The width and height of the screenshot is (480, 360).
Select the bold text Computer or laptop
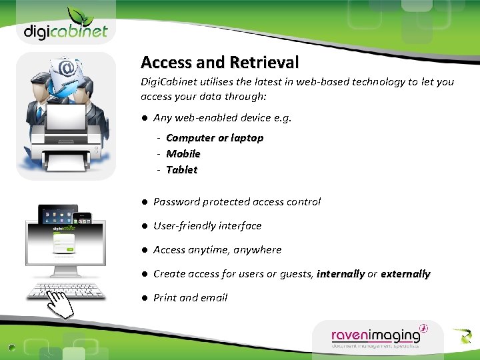215,138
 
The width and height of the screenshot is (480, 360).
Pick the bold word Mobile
183,154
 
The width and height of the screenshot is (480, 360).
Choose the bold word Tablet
182,170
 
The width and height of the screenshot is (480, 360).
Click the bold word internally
341,274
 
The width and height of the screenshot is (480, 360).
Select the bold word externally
405,274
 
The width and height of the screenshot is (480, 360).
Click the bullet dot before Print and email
143,298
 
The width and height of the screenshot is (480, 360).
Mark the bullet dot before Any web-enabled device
143,118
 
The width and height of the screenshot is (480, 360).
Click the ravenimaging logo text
376,335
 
